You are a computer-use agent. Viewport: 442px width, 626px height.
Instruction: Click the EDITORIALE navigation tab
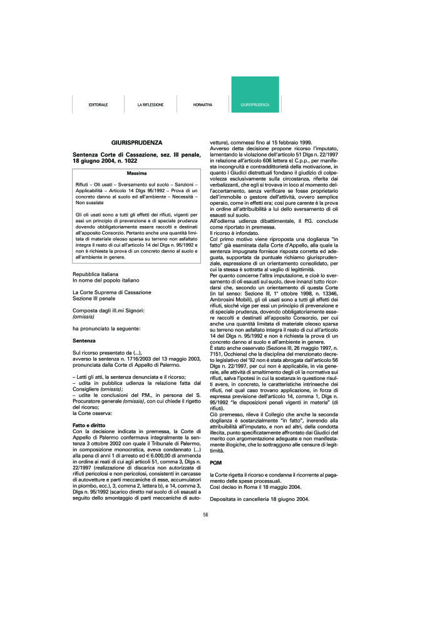pos(98,105)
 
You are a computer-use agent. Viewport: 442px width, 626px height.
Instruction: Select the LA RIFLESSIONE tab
pos(150,105)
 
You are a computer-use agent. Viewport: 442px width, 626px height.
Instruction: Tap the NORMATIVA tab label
pos(203,105)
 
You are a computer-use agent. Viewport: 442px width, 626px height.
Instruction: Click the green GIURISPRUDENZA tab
pos(255,105)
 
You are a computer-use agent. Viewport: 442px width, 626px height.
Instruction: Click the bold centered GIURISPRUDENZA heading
pos(136,143)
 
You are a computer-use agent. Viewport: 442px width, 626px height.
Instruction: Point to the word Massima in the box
pos(136,172)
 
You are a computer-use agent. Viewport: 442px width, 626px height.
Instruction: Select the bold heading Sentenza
pos(84,341)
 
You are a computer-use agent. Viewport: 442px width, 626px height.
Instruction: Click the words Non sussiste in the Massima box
pos(91,203)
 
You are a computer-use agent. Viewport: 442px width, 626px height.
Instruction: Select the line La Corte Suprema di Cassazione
pos(111,292)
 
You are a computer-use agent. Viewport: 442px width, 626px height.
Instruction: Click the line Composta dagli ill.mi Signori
pos(108,310)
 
